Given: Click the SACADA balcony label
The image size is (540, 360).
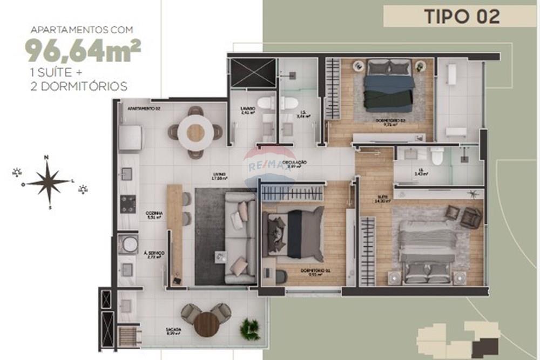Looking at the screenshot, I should click(174, 329).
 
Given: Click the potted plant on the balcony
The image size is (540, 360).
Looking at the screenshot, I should click(250, 328).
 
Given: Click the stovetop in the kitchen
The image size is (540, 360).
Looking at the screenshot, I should click(128, 203).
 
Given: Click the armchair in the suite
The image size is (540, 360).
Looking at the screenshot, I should click(470, 217).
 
